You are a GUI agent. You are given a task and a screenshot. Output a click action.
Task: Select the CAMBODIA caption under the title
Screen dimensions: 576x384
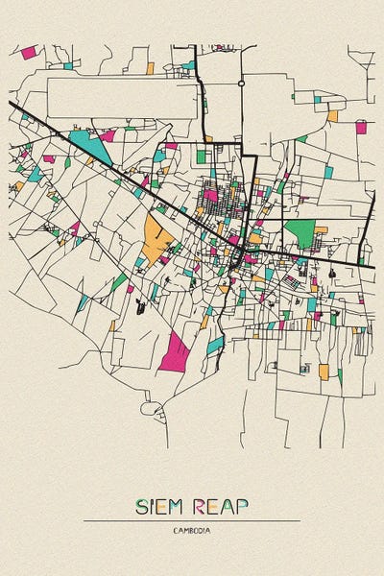[x=192, y=530]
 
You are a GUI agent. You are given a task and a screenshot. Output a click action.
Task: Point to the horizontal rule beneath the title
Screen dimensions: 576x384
[x=192, y=521]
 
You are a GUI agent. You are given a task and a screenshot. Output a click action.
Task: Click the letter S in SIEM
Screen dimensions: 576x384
[x=142, y=507]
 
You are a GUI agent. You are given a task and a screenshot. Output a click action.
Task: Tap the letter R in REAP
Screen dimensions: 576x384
[x=202, y=507]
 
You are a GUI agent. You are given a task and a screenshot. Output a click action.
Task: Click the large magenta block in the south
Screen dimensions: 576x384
[x=176, y=351]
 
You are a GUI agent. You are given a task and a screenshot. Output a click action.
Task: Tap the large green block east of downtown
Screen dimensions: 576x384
[x=300, y=233]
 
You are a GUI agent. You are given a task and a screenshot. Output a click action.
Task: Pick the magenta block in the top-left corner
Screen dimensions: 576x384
[x=29, y=52]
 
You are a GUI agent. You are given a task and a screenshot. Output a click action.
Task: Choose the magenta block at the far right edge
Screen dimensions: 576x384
[x=361, y=127]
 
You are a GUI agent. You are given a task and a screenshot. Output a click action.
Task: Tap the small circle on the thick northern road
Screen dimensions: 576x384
[x=241, y=84]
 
